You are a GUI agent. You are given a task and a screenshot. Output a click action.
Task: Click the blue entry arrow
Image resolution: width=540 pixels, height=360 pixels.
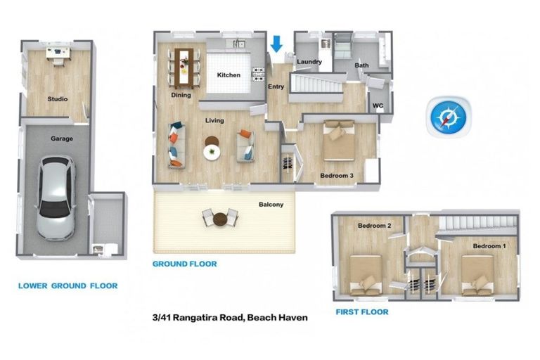[276, 43]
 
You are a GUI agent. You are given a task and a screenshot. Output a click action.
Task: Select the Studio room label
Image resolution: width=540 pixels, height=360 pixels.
[58, 99]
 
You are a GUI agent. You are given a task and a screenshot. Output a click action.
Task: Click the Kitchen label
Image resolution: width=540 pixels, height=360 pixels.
[229, 75]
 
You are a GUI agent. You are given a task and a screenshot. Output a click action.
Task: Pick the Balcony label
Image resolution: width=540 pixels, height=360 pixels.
[271, 205]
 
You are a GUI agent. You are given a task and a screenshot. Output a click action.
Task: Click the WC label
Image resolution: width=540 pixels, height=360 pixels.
[378, 106]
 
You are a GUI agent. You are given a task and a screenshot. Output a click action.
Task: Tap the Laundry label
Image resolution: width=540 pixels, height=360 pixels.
[309, 62]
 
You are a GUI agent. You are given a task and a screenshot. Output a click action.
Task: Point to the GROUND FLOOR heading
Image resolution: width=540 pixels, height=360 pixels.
[185, 264]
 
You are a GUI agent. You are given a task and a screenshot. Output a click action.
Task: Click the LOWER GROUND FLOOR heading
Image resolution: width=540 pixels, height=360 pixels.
[67, 286]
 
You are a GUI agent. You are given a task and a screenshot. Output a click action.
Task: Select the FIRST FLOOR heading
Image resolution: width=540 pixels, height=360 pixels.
[361, 311]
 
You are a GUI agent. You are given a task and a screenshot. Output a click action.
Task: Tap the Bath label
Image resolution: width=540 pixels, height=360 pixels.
[361, 65]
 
